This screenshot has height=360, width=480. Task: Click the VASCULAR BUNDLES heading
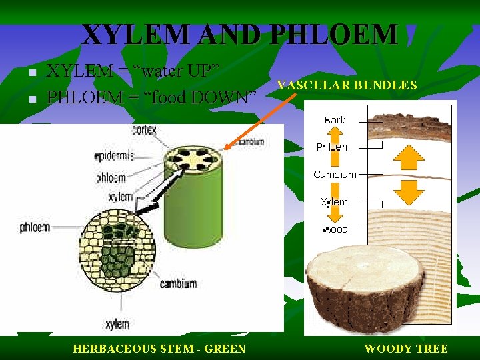[x=347, y=85]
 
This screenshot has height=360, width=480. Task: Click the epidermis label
[x=114, y=156]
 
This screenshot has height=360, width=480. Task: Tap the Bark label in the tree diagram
[x=334, y=120]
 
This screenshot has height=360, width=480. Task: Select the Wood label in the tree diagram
[x=335, y=229]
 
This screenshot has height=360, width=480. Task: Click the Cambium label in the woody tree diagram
[x=335, y=174]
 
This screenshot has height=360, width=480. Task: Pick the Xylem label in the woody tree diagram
[x=334, y=201]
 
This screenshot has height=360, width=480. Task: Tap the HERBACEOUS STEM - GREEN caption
[x=159, y=348]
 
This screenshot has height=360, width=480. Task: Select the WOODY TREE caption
[x=406, y=348]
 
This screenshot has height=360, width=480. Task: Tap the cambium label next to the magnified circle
[x=178, y=283]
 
